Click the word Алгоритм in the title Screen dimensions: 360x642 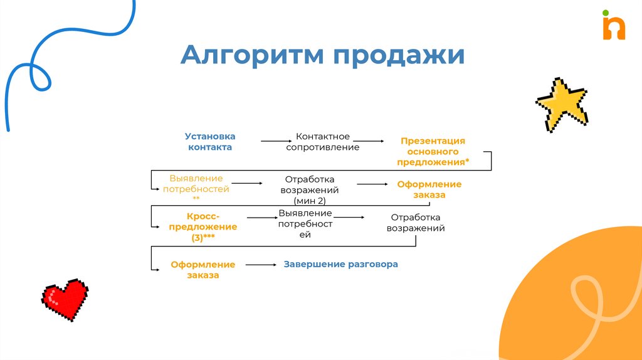pos(253,55)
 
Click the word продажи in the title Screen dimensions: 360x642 pos(399,56)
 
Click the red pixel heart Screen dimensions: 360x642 pos(65,298)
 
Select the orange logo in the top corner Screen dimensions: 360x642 pos(614,28)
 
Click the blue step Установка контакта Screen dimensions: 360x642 pos(210,142)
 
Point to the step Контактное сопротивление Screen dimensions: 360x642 pos(322,142)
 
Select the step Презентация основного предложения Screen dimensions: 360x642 pos(433,152)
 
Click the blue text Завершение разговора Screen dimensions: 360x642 pos(341,265)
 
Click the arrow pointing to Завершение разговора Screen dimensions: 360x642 pos(261,265)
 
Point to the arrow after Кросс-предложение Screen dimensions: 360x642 pos(262,218)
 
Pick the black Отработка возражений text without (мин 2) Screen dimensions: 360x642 pos(416,223)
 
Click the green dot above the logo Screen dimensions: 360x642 pos(605,12)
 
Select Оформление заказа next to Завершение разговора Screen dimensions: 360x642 pos(203,270)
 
